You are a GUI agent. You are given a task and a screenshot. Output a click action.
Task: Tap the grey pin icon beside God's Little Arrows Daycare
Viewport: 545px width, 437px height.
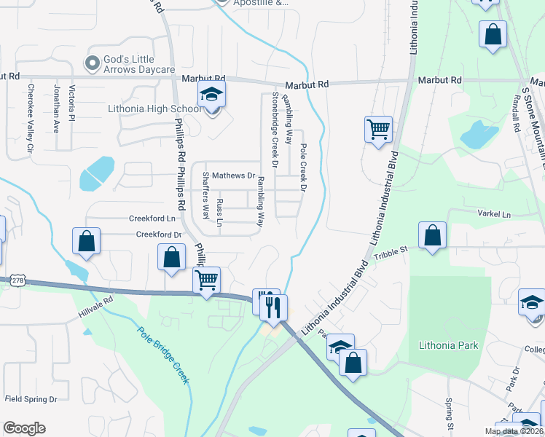pos(93,64)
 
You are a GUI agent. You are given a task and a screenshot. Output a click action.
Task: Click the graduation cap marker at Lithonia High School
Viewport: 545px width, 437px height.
pos(212,95)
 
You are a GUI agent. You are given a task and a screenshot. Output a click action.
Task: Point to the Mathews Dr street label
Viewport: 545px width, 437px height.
pos(233,176)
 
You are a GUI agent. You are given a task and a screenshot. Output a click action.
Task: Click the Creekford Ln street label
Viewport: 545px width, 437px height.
pos(153,218)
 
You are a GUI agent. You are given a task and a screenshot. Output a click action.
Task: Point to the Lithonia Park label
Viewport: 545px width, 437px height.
pos(449,345)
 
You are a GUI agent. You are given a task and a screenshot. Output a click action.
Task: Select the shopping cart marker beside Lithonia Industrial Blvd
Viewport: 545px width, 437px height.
pos(378,130)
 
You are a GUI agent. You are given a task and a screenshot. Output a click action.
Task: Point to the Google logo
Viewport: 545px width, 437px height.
pos(24,428)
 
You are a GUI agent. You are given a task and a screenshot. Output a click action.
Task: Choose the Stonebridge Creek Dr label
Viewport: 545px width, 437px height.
pos(275,130)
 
